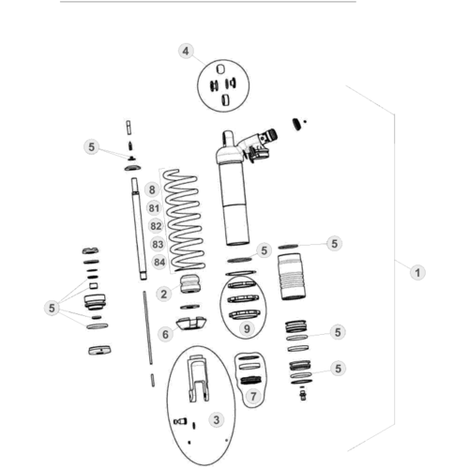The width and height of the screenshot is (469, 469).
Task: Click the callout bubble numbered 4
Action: coord(186,51)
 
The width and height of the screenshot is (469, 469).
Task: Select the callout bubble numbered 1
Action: coord(417,273)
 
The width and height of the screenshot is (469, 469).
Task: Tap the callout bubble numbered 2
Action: coord(163,294)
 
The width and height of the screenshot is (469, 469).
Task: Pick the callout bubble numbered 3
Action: coord(217,419)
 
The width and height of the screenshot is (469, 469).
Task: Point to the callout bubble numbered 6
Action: coord(165,334)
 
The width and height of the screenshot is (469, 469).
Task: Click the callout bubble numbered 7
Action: coord(253,397)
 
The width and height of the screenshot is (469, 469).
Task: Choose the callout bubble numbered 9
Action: coord(247,328)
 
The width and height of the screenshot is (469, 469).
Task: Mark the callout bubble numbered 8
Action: coord(152,189)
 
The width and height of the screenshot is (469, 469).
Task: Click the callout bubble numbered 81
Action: coord(154,208)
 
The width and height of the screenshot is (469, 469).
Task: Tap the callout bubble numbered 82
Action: coord(156,226)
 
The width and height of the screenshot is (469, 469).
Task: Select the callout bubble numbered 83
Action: coord(158,244)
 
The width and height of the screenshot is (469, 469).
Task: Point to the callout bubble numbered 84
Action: coord(159,262)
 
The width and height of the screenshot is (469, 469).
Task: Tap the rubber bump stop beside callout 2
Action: coord(190,283)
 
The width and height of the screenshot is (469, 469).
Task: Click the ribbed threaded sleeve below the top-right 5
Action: coord(291,277)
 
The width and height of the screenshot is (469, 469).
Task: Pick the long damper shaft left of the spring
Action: coord(139,228)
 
